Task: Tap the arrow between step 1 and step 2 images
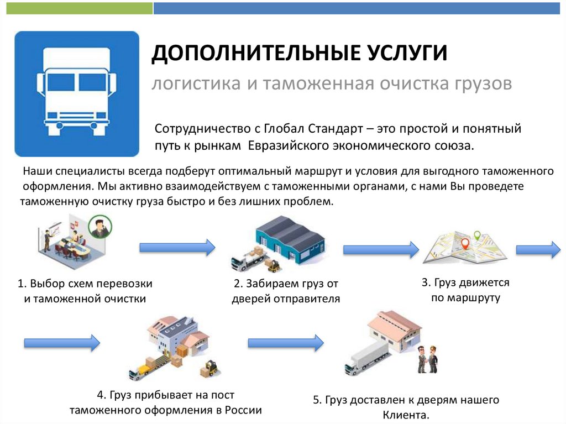176,247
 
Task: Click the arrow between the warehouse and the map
381,249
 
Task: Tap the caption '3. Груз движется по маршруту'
465,290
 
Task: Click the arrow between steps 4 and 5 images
285,343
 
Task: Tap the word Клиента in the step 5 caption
406,415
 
